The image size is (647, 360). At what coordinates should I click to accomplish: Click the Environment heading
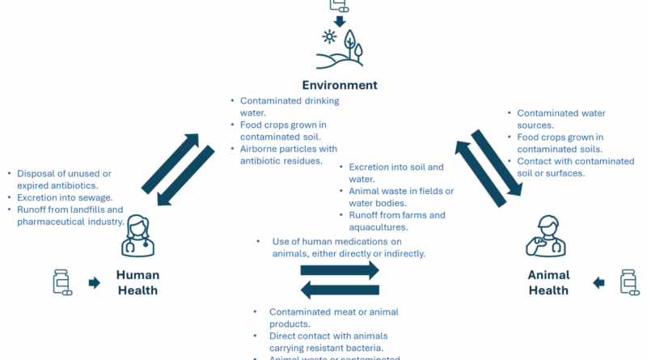(340, 85)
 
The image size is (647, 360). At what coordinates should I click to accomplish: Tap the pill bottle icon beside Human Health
(61, 282)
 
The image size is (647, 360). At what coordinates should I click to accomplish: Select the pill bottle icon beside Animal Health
(628, 282)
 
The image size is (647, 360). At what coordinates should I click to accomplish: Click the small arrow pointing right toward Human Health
(95, 282)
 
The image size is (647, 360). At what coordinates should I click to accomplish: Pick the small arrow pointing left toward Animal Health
(598, 282)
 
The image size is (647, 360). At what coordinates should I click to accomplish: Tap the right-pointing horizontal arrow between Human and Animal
(340, 269)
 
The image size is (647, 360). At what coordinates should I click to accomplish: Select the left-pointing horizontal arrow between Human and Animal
(340, 289)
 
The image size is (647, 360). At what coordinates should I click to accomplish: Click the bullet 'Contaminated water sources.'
(561, 119)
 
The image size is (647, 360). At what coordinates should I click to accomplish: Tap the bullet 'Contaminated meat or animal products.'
(333, 318)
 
